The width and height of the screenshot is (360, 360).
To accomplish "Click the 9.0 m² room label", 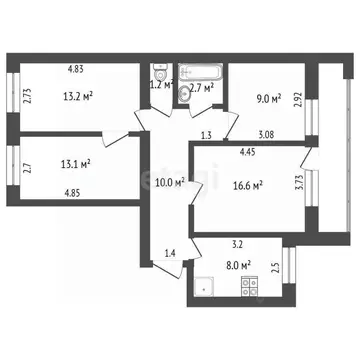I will point(269,98).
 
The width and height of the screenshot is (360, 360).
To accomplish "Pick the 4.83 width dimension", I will point(76,70).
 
